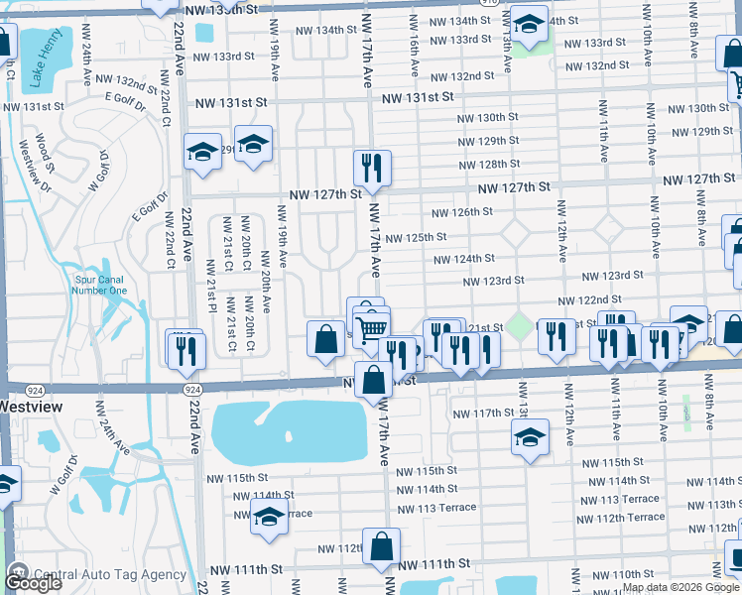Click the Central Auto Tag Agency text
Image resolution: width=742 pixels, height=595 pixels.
[110, 574]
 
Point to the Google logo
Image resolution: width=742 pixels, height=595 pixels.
[34, 582]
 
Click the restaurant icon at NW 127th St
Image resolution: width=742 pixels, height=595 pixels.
[372, 169]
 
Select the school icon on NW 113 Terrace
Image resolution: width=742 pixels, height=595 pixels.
[268, 517]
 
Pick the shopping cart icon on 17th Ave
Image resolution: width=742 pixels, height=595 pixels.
[371, 326]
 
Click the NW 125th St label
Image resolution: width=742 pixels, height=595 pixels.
[416, 238]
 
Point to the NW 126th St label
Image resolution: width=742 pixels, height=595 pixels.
[462, 212]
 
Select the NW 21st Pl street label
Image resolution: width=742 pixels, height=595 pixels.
[211, 283]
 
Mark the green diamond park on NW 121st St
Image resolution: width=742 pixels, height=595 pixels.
[517, 324]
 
